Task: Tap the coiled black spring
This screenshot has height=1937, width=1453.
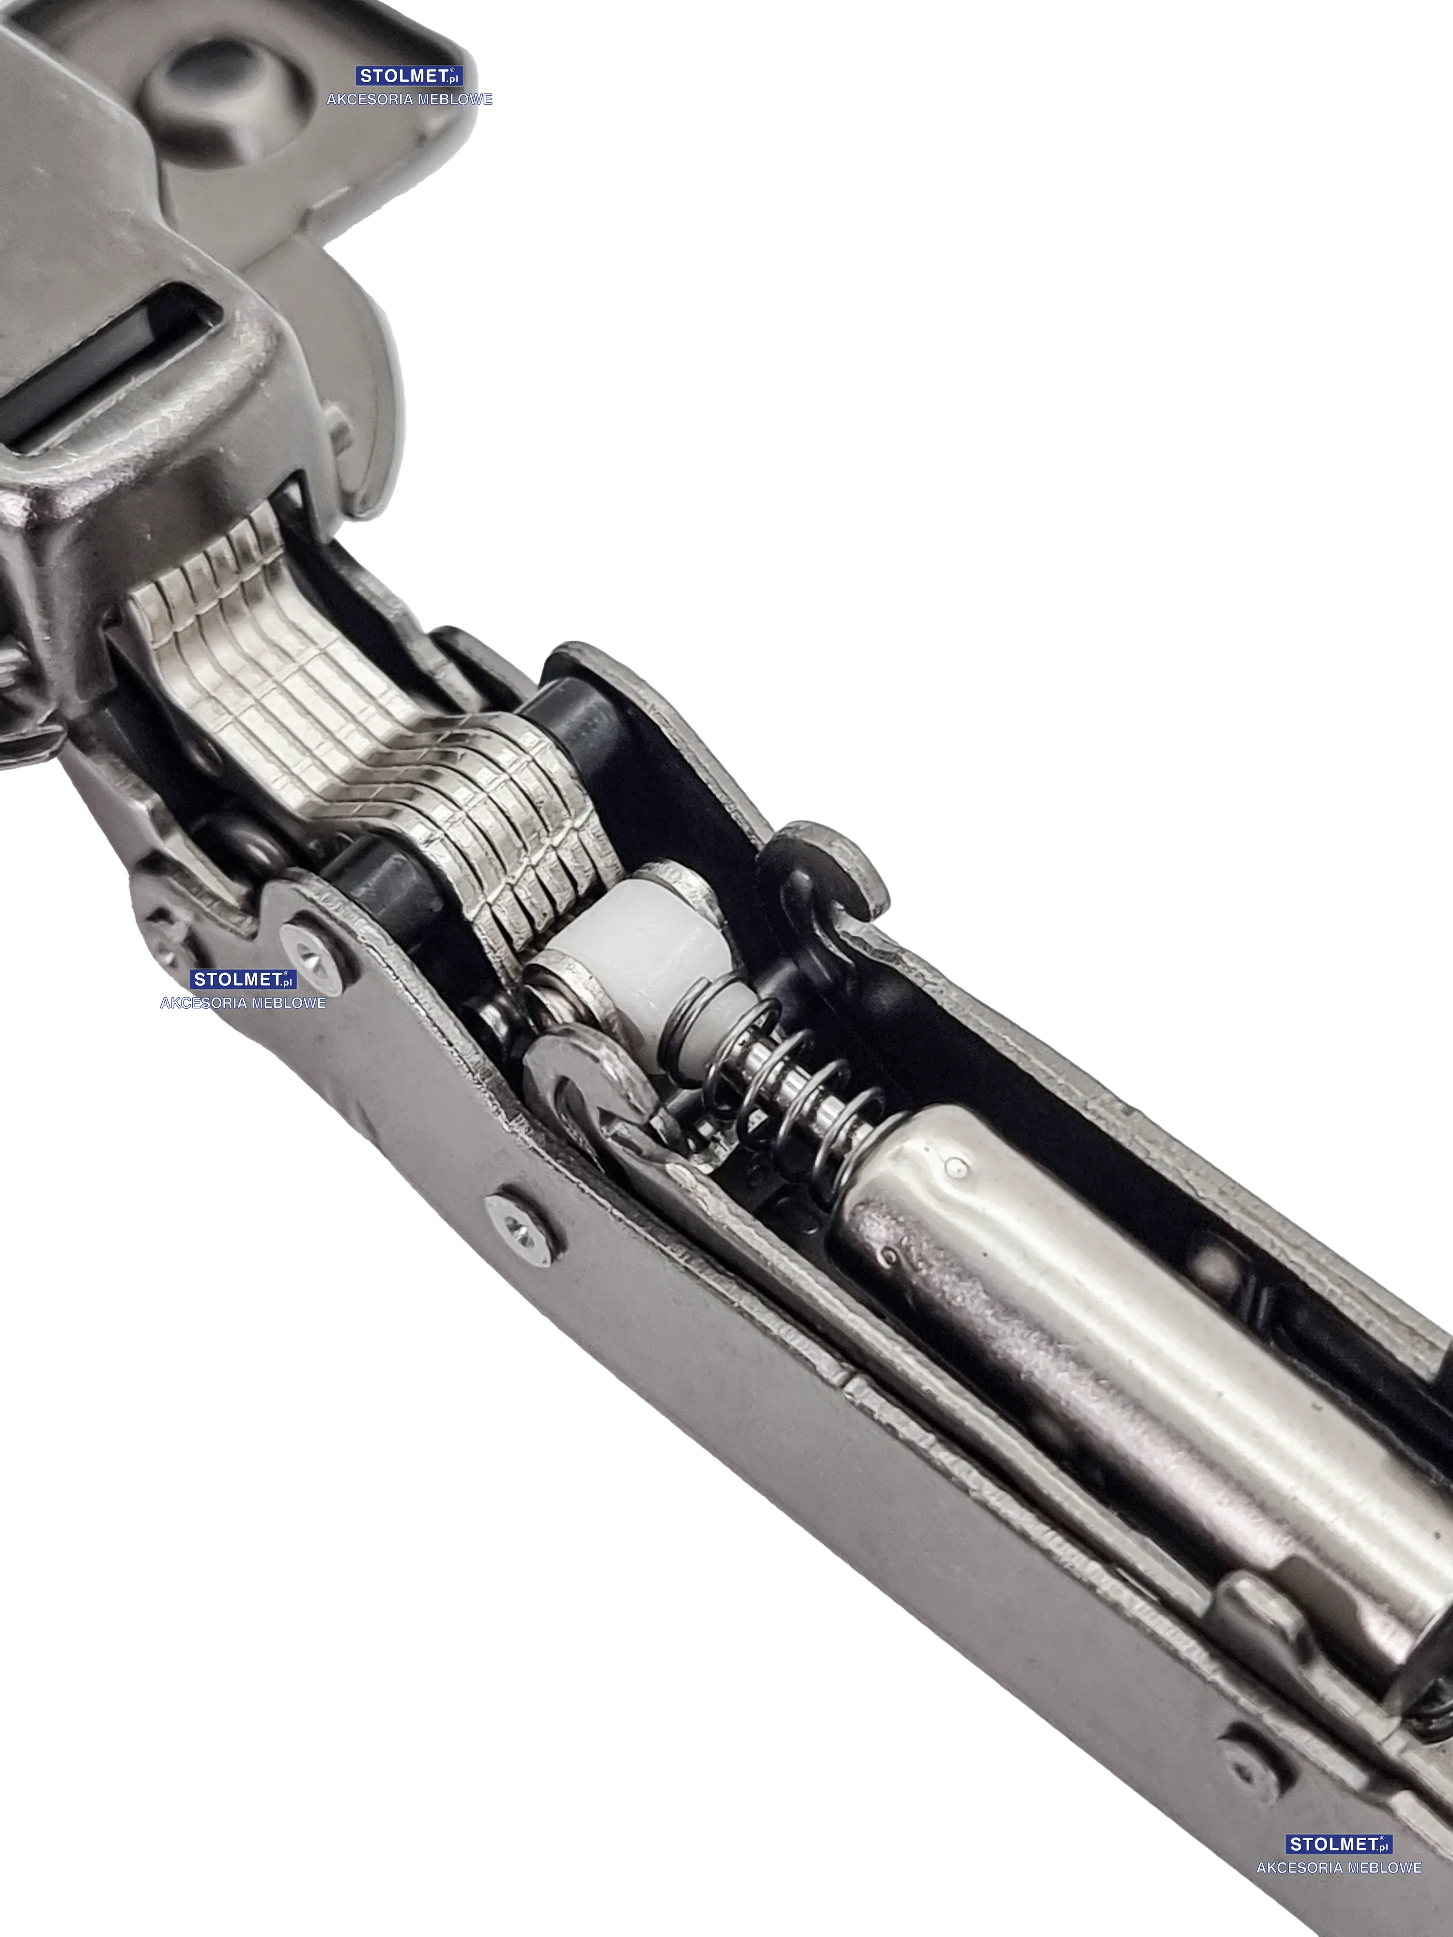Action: [779, 1077]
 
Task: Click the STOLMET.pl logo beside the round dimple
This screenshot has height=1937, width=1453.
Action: [409, 76]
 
